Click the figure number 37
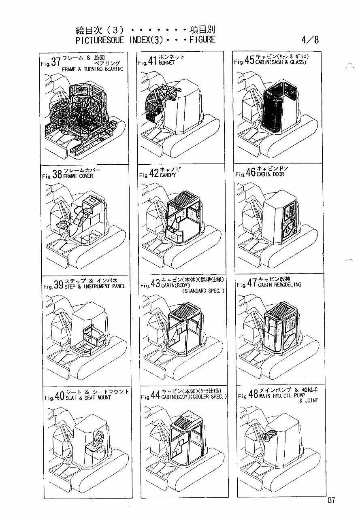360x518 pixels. (55, 62)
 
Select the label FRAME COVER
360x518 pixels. (78, 176)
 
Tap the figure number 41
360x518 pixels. (152, 62)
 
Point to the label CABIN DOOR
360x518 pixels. (270, 174)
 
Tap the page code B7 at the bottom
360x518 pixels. (331, 501)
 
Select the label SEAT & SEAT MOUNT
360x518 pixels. (88, 397)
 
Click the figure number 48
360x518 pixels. (253, 395)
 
